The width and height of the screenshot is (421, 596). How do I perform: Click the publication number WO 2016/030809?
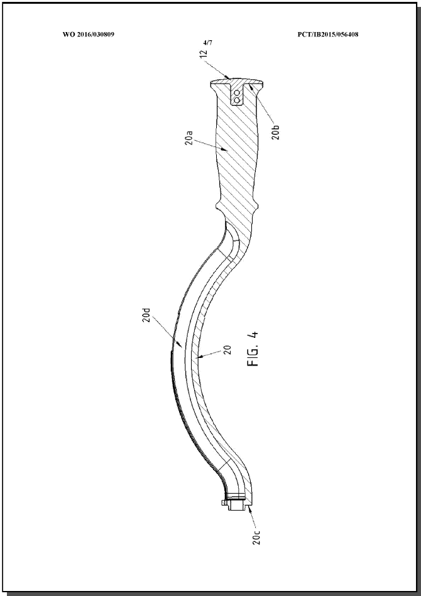pos(89,35)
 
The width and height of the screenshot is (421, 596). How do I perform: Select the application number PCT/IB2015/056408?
pos(328,35)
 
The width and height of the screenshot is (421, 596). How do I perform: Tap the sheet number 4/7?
pos(207,43)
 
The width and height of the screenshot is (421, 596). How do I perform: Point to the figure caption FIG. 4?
pos(253,349)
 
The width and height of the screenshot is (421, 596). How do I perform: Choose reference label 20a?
pos(189,139)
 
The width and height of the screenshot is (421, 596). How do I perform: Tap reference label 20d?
pos(147,314)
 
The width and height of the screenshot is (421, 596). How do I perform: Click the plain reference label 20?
pos(227,350)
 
